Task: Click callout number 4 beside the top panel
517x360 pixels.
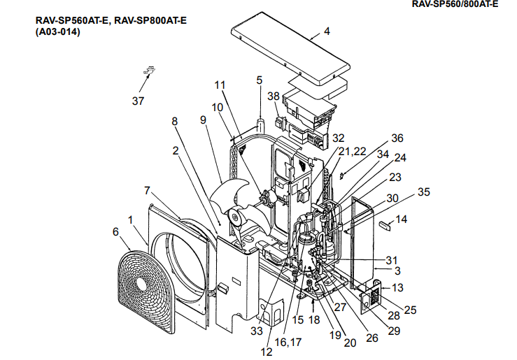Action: pyautogui.click(x=326, y=32)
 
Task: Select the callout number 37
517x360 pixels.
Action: pyautogui.click(x=138, y=101)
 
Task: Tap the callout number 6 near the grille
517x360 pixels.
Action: pyautogui.click(x=116, y=231)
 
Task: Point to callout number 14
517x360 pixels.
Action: pyautogui.click(x=401, y=219)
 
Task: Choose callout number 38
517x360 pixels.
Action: pyautogui.click(x=273, y=96)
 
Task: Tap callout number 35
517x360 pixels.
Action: pyautogui.click(x=424, y=191)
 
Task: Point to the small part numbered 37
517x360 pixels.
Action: pyautogui.click(x=149, y=70)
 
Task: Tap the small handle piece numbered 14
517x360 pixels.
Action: pyautogui.click(x=383, y=225)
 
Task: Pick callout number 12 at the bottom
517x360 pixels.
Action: pyautogui.click(x=266, y=352)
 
